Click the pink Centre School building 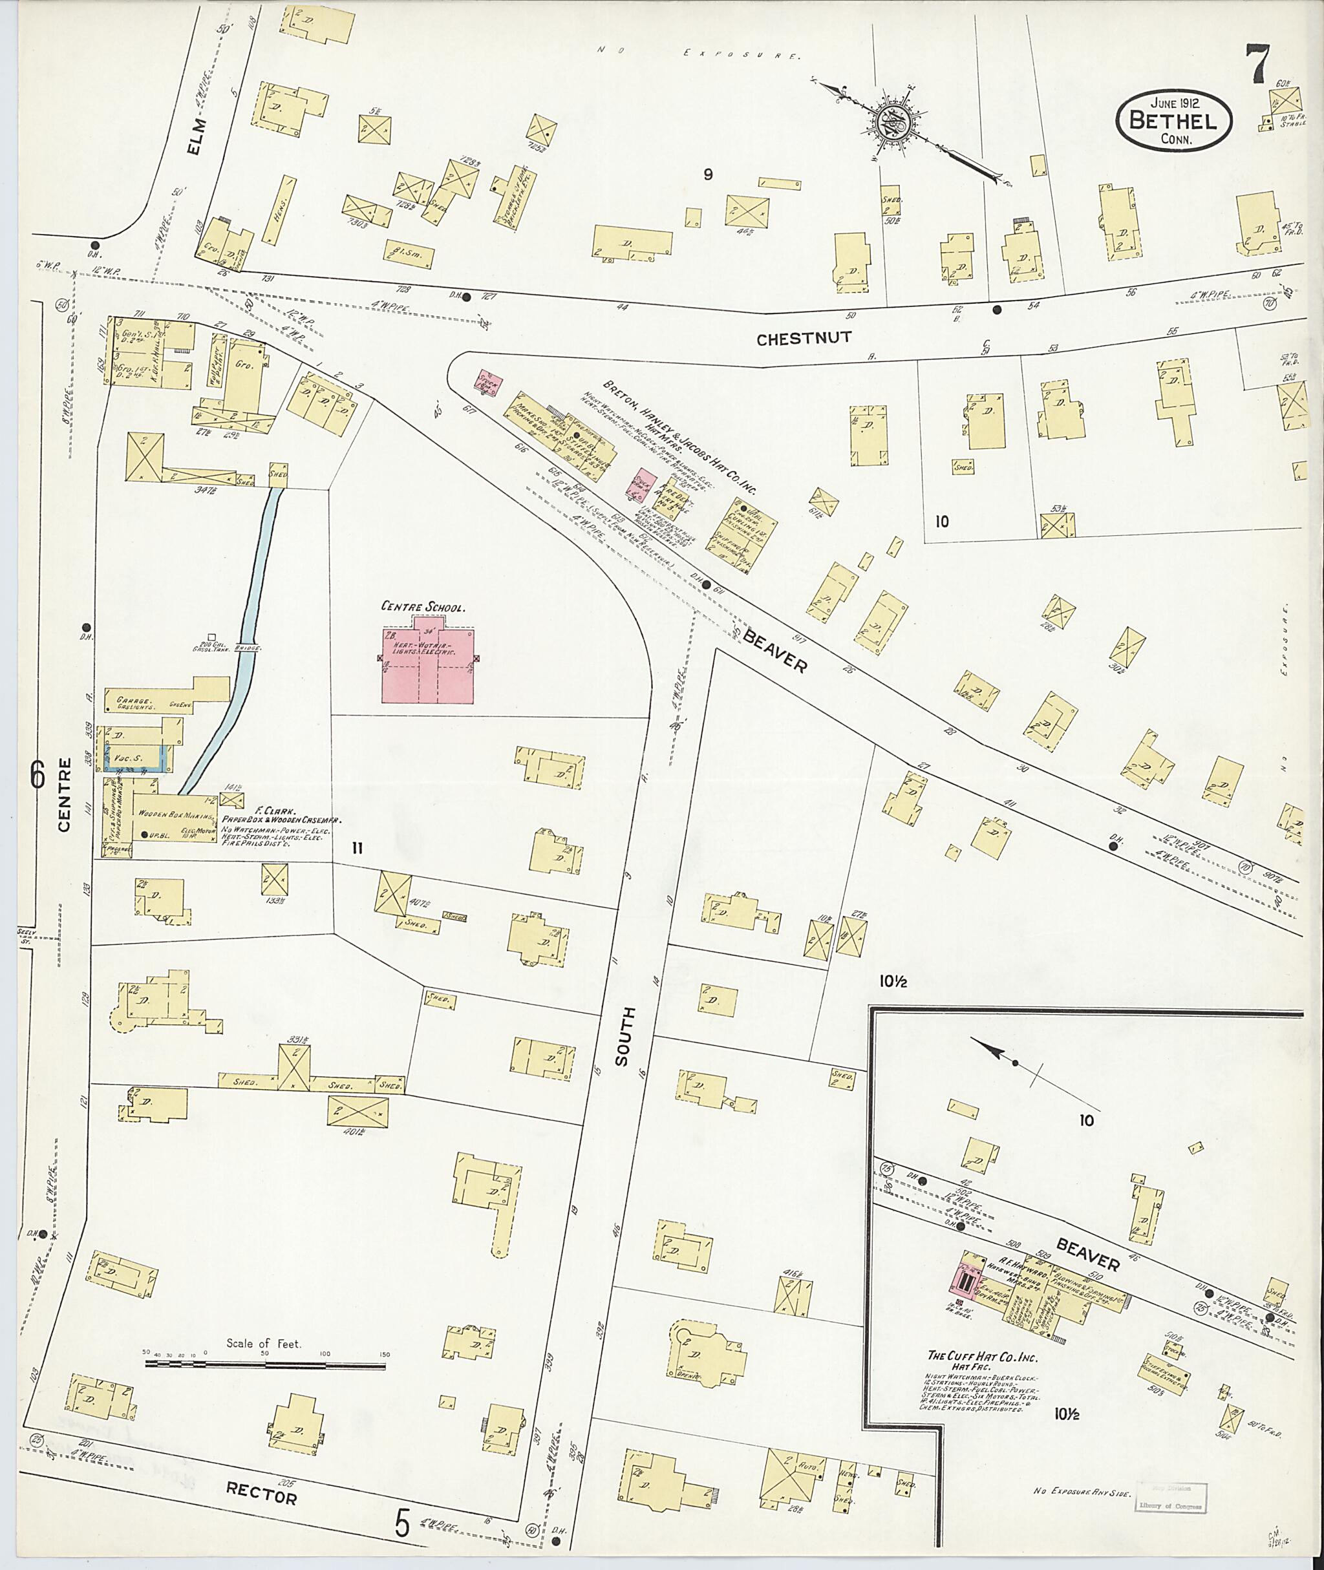coord(428,661)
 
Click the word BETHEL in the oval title coord(1174,120)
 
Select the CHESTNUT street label coord(803,339)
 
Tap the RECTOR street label coord(261,1494)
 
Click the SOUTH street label coord(623,1035)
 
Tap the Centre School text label coord(423,606)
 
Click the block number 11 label coord(358,848)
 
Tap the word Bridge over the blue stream coord(248,648)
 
